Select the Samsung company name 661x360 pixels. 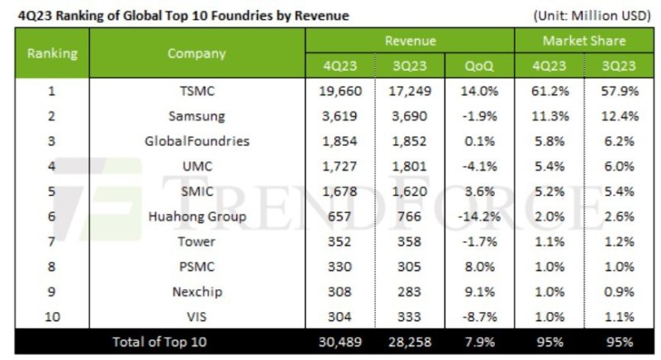click(197, 116)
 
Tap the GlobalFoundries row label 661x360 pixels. click(197, 141)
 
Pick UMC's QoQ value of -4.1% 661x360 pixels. click(482, 166)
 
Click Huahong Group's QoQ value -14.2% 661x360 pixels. click(482, 216)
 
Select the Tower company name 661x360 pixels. click(197, 242)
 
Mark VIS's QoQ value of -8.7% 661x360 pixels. click(482, 317)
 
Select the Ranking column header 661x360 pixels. click(53, 53)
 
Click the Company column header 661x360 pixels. click(197, 53)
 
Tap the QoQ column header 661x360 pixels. click(482, 65)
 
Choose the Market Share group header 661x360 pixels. click(583, 40)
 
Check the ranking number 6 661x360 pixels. click(52, 216)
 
